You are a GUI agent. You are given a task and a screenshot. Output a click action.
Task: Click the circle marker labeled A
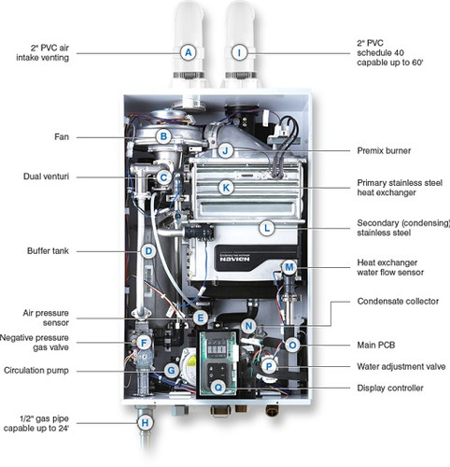[189, 52]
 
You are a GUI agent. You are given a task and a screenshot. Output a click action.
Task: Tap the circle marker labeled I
[240, 52]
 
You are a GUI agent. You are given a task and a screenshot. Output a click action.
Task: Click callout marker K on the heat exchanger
[225, 187]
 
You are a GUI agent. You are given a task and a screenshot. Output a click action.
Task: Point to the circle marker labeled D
[148, 251]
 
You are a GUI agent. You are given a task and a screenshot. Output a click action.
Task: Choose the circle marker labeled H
[144, 422]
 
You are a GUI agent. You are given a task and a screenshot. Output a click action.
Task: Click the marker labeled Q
[218, 386]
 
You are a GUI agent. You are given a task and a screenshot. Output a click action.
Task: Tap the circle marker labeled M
[289, 267]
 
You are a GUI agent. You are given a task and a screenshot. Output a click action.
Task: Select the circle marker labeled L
[266, 227]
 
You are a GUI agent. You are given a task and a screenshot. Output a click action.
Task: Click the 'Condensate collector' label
[399, 302]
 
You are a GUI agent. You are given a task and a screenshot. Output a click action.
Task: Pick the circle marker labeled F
[143, 343]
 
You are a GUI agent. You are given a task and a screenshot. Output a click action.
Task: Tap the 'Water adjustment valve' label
[399, 366]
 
